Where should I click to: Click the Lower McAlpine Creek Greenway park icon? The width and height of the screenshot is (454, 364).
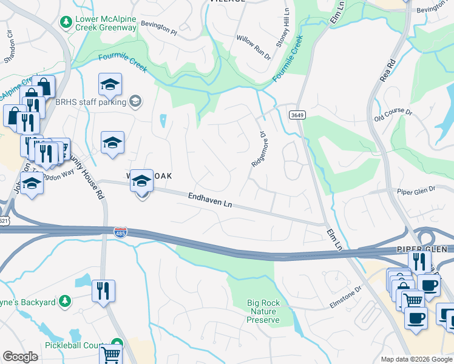click(x=66, y=22)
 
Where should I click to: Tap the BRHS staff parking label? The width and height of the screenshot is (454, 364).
click(x=90, y=102)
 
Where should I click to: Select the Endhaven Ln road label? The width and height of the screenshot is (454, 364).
click(x=211, y=200)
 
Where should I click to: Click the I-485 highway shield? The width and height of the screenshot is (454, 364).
click(x=120, y=232)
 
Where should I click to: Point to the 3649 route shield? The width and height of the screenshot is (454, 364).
click(x=297, y=115)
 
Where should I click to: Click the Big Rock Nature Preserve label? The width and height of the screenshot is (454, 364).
click(x=263, y=311)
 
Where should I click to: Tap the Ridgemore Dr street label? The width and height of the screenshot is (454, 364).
click(x=259, y=149)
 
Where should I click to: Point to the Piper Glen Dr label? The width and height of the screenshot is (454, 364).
click(x=416, y=190)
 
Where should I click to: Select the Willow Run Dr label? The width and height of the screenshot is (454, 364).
click(x=253, y=47)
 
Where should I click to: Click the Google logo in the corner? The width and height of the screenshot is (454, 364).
click(x=20, y=357)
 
